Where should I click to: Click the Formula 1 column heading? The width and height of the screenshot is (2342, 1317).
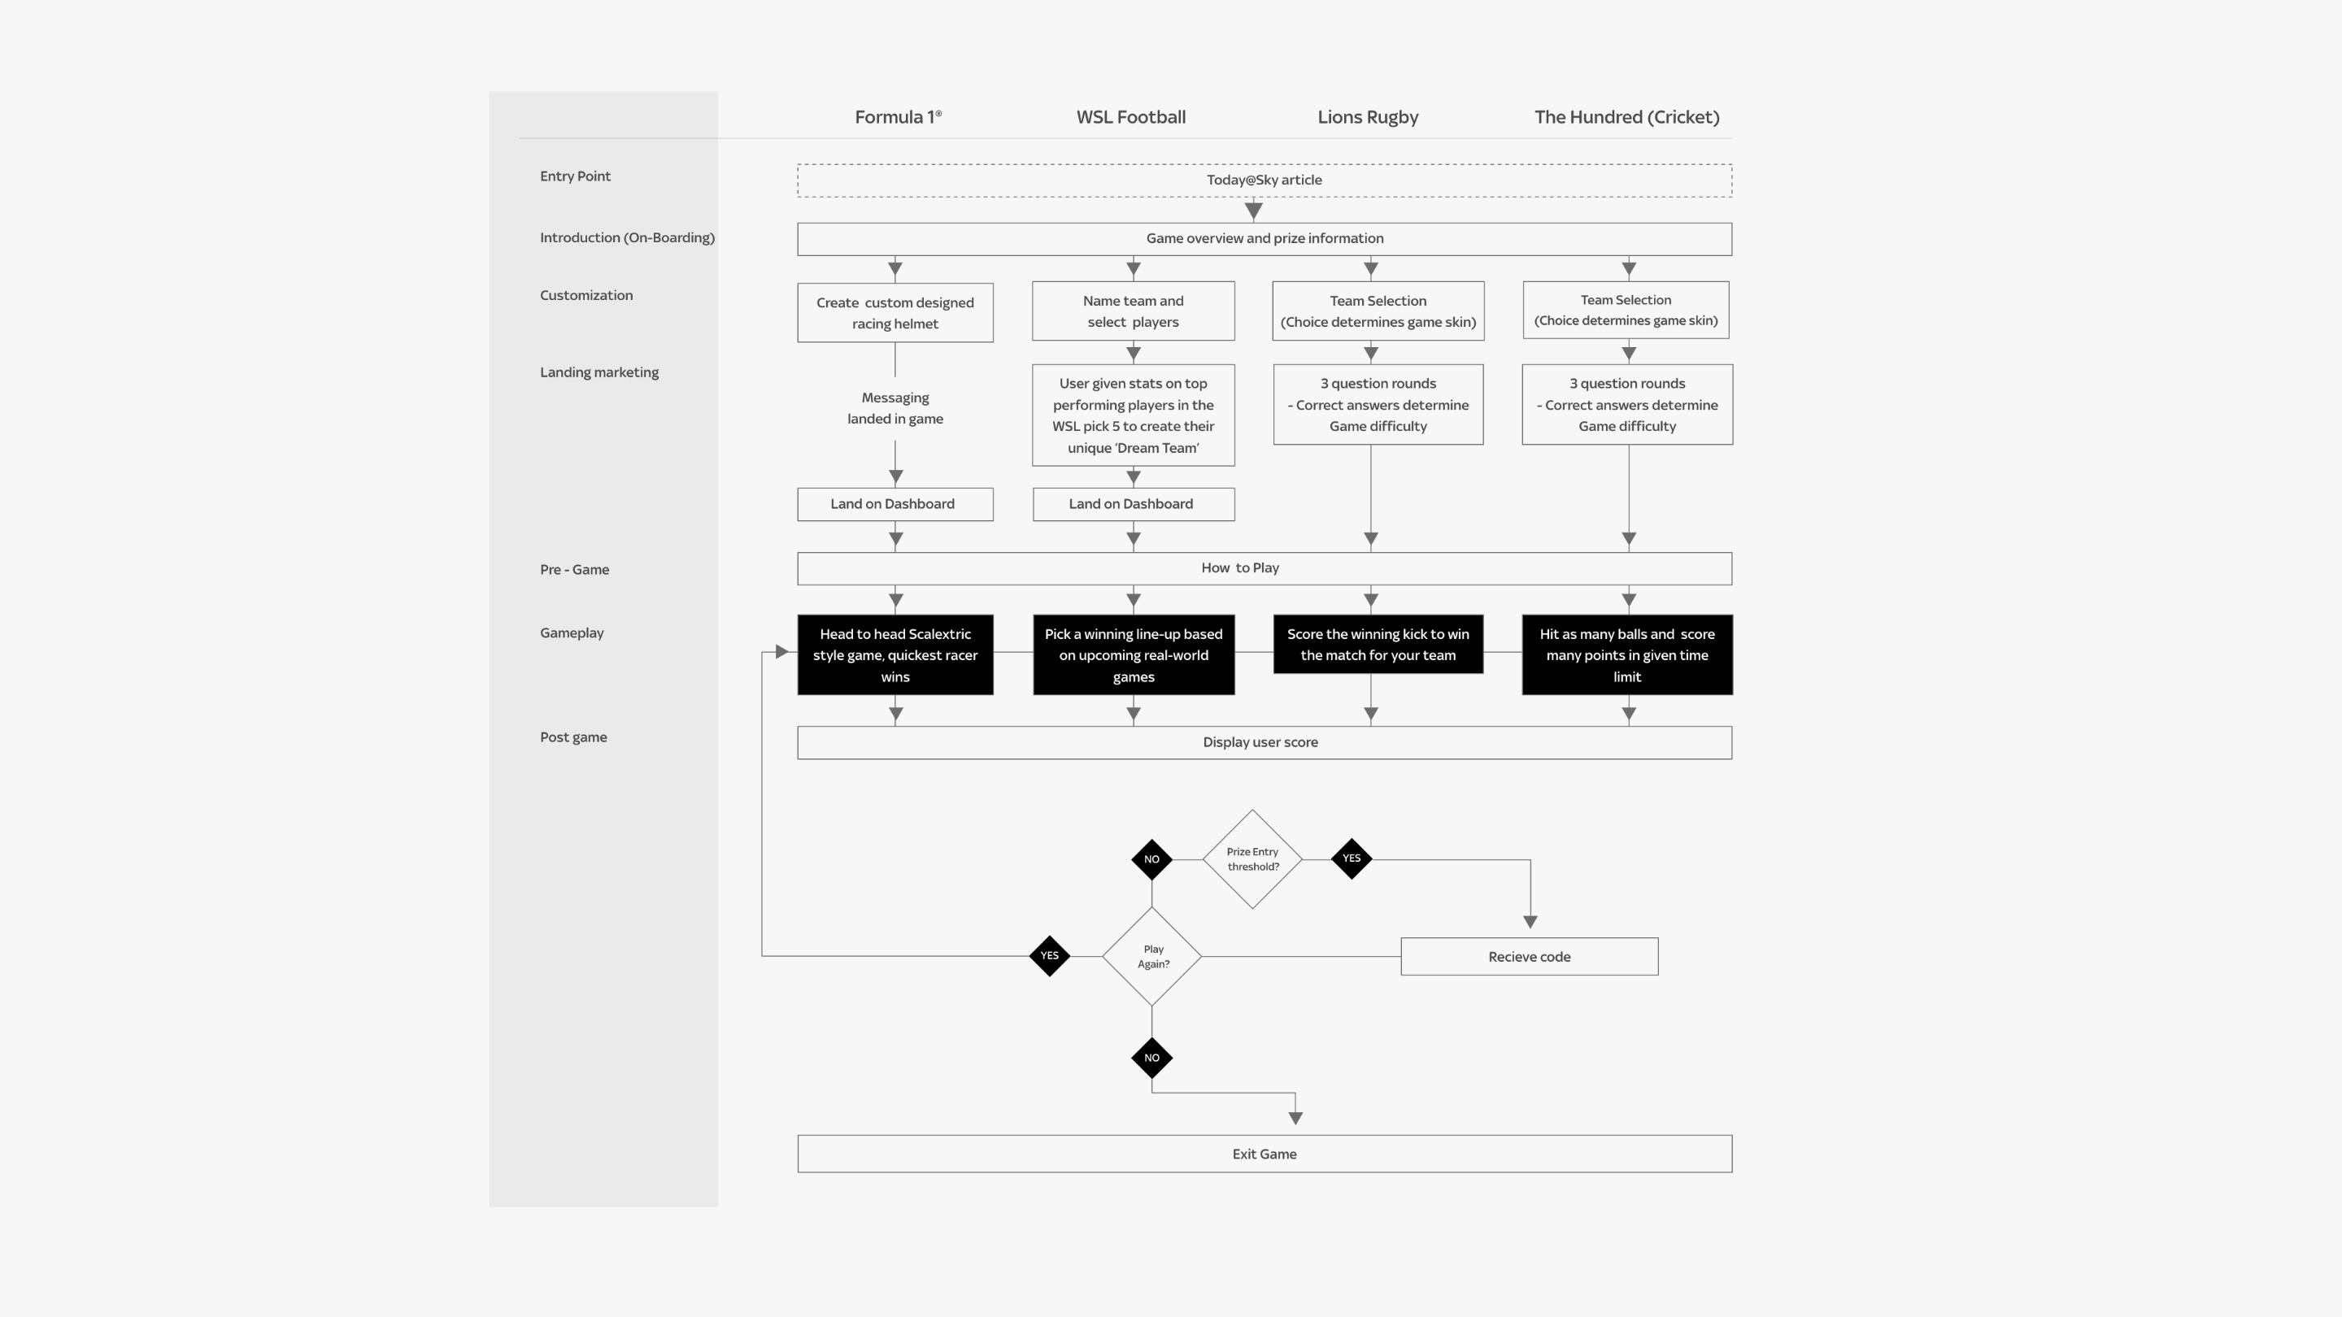(897, 117)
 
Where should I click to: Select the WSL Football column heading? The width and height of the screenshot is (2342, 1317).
(1130, 117)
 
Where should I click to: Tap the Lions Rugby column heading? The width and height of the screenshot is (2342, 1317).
(1367, 117)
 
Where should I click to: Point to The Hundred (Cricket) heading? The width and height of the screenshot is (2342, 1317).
(1626, 117)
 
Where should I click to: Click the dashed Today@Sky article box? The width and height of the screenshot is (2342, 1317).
(1264, 180)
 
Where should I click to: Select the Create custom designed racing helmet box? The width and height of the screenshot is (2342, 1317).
(895, 313)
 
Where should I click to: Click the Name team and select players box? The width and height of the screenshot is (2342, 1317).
(1133, 311)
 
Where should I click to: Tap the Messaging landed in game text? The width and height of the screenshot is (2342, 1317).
(895, 408)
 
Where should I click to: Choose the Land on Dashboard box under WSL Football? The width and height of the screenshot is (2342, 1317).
(1133, 504)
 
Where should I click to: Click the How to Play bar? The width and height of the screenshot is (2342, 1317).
(1264, 568)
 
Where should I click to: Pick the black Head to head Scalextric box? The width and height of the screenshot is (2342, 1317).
(895, 655)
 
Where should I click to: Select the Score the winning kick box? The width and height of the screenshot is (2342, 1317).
(1378, 645)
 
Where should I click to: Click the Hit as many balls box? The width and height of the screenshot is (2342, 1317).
(1626, 655)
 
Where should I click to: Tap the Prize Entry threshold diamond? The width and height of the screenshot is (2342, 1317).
(1252, 859)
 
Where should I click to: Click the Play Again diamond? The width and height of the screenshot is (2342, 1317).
(1152, 956)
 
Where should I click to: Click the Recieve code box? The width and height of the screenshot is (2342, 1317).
(1529, 957)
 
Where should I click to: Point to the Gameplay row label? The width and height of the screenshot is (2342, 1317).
(572, 632)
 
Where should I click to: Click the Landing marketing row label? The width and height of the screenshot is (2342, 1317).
(599, 372)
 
